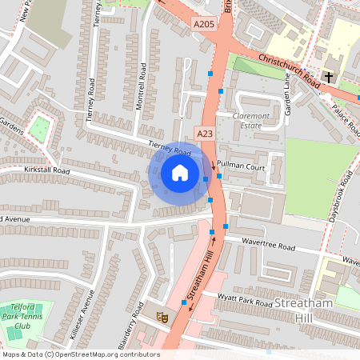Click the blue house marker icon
point(180,172)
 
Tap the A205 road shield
point(204,25)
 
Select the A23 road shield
point(205,134)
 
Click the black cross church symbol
point(329,77)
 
